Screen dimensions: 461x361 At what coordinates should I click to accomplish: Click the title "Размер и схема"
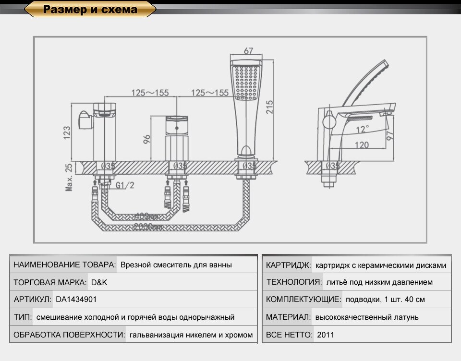point(90,10)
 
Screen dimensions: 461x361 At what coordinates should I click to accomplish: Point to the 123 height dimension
point(67,132)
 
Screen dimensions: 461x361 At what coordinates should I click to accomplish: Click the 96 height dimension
point(147,139)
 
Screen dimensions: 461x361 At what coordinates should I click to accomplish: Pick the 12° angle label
point(363,129)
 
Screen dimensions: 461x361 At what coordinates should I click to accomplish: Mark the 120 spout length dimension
point(362,145)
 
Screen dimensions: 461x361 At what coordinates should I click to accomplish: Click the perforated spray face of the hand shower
point(247,82)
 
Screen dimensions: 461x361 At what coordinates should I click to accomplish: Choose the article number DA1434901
point(76,299)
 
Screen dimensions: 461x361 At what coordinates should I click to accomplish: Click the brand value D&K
point(99,282)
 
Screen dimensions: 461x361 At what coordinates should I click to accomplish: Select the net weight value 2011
point(326,335)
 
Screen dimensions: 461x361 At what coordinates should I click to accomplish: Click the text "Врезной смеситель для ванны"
point(176,265)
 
